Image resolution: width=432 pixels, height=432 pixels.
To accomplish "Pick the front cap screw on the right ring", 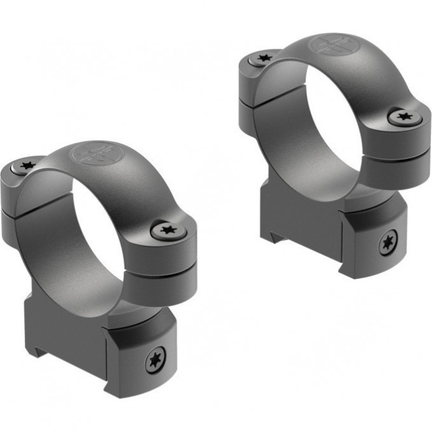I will pyautogui.click(x=402, y=116).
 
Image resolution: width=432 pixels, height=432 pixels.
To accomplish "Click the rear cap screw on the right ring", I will pyautogui.click(x=262, y=58).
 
